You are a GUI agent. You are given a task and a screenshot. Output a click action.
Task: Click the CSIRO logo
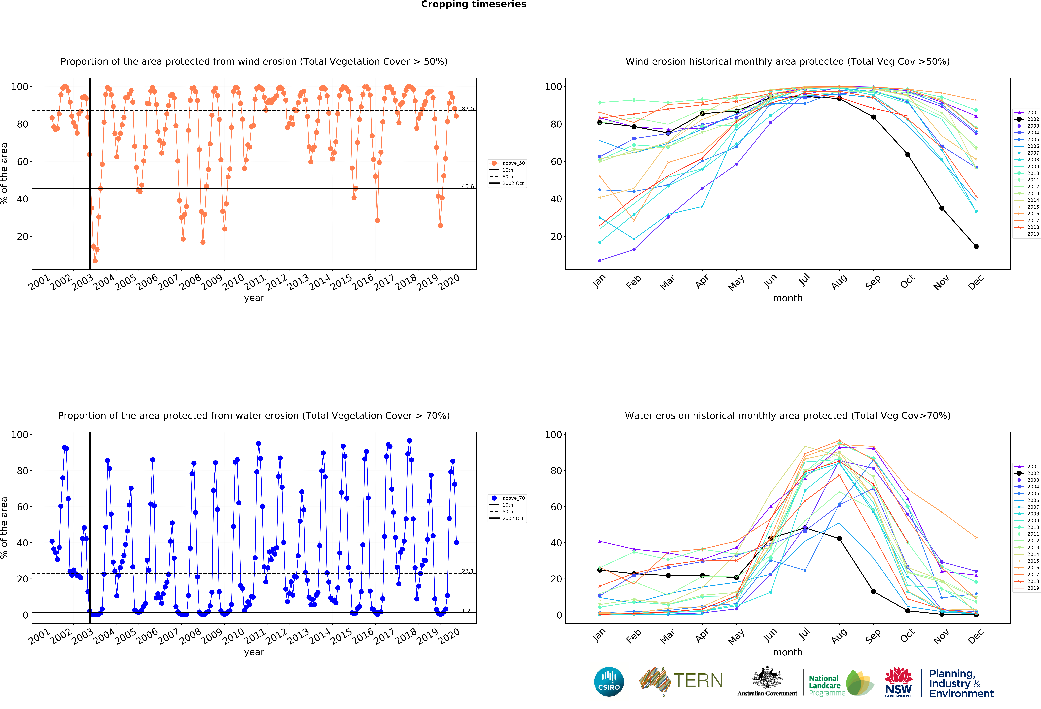(x=609, y=682)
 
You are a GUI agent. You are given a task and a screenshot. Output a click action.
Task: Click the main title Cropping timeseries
(x=473, y=4)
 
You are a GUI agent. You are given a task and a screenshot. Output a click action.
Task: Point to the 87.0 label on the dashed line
(x=468, y=109)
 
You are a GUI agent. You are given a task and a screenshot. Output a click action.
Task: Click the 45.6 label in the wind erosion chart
(x=468, y=186)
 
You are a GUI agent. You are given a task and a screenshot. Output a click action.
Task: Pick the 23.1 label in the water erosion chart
(x=468, y=571)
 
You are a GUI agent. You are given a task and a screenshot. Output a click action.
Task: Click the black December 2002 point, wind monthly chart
(x=976, y=246)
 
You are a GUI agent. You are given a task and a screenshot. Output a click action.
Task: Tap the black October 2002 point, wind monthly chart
(x=908, y=154)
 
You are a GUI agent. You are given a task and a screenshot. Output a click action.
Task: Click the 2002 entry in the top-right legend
(x=1029, y=119)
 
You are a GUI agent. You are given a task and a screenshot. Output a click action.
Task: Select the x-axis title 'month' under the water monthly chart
(x=787, y=652)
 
